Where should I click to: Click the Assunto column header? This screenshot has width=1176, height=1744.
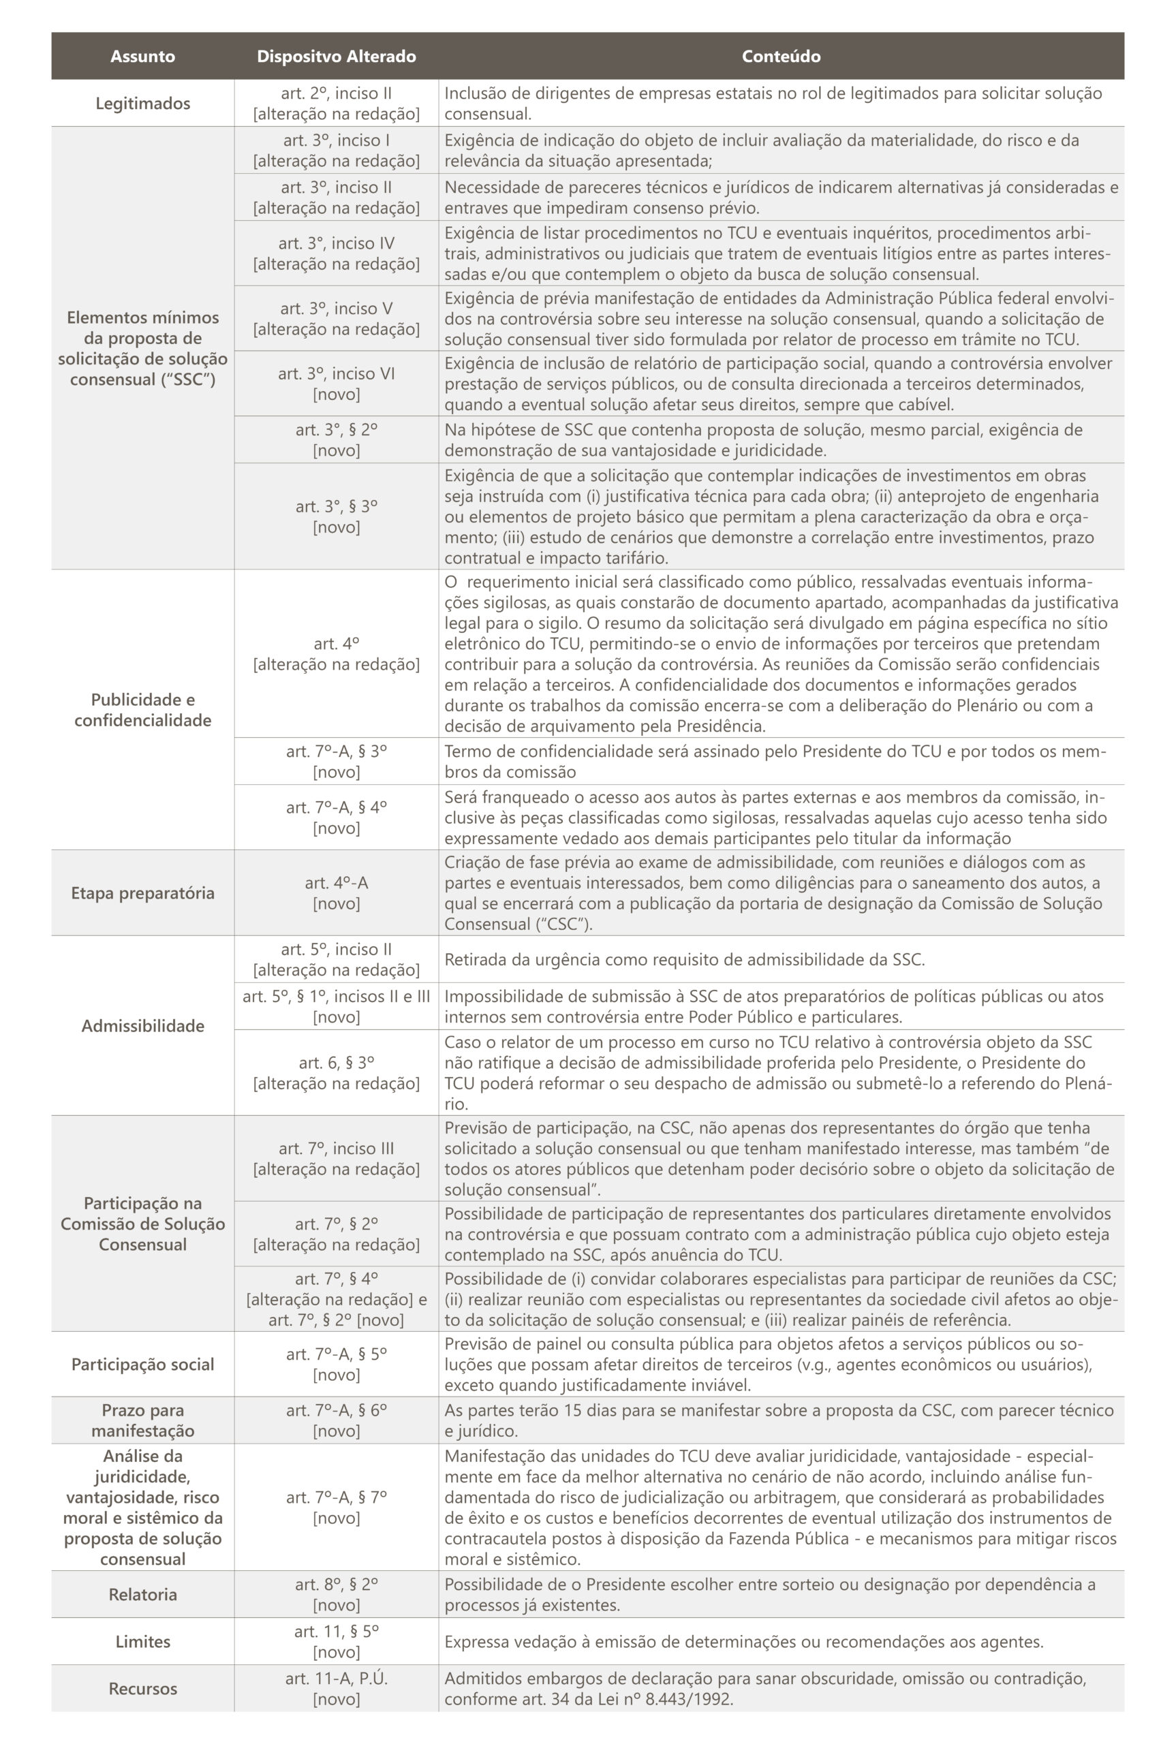(x=142, y=57)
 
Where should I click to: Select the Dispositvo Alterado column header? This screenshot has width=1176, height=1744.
(x=336, y=57)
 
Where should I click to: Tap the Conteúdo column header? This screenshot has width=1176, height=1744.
(x=781, y=57)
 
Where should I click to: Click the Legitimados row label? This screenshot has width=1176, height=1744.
(x=142, y=104)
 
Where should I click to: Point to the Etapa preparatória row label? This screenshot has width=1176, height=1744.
(x=142, y=892)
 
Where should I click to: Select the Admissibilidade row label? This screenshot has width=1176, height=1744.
(x=142, y=1025)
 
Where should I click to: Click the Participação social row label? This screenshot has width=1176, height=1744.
(x=142, y=1364)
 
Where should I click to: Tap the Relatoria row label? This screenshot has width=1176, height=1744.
(x=142, y=1594)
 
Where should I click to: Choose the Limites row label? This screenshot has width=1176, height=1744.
(x=142, y=1641)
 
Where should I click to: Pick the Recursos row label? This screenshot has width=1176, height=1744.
(x=142, y=1689)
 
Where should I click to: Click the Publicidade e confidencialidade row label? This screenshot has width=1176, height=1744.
(x=142, y=709)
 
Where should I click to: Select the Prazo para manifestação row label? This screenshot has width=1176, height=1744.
(x=142, y=1420)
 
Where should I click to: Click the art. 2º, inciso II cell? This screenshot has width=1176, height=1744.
(x=336, y=104)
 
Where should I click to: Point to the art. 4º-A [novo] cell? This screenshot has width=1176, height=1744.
(x=336, y=892)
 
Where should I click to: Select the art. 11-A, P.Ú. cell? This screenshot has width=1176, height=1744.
(x=336, y=1689)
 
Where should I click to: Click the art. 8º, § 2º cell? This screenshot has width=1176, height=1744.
(x=336, y=1594)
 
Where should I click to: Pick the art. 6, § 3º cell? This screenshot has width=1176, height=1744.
(x=336, y=1072)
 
